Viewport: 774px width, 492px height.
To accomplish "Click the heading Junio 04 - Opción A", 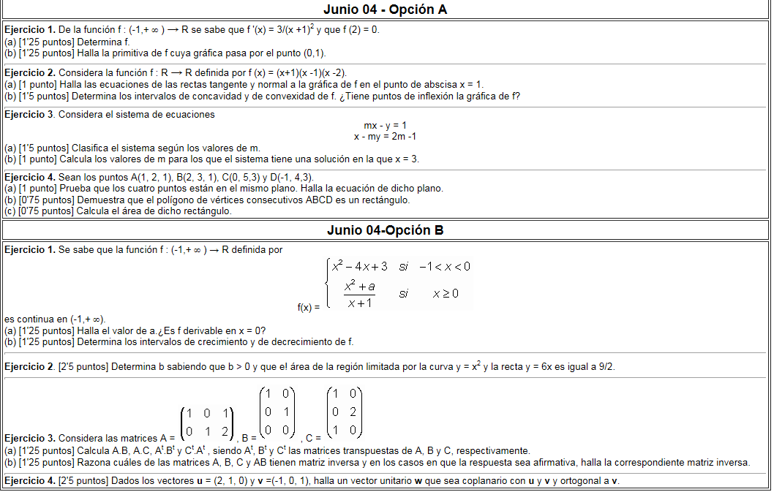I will point(385,10).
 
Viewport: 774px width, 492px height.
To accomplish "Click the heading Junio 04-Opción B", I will point(385,230).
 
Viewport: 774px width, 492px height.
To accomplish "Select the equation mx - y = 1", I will point(385,126).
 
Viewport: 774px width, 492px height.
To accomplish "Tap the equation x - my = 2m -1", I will point(385,137).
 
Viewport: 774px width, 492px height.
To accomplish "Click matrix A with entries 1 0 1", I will point(208,422).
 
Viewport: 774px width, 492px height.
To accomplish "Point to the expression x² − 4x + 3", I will point(359,266).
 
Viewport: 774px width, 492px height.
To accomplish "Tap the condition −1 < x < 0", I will point(444,266).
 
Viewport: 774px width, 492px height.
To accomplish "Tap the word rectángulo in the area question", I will point(208,211).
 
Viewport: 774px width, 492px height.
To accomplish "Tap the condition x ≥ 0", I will point(445,293).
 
